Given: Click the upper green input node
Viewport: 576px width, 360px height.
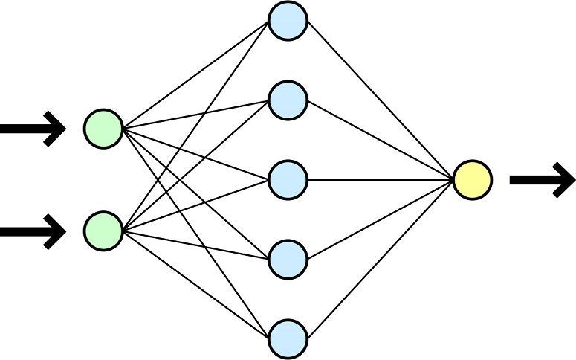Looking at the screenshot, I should click(x=103, y=128).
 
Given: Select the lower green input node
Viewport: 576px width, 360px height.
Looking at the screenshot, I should click(x=103, y=231).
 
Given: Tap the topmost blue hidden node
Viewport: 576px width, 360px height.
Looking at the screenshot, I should click(x=288, y=21).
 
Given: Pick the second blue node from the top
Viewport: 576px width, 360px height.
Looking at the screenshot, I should click(x=288, y=100).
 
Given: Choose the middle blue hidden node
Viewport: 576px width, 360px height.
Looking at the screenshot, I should click(x=288, y=179).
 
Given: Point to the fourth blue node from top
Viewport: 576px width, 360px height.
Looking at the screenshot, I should click(x=288, y=259).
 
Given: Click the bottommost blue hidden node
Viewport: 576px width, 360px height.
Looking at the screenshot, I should click(x=288, y=338).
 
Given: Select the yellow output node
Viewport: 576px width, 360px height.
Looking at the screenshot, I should click(x=472, y=180).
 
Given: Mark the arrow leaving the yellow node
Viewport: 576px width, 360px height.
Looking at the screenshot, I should click(x=541, y=181).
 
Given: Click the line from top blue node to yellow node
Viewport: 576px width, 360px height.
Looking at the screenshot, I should click(x=380, y=100).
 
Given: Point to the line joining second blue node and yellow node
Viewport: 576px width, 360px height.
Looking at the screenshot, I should click(x=380, y=141).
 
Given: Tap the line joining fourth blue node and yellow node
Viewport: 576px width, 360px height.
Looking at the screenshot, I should click(x=380, y=219).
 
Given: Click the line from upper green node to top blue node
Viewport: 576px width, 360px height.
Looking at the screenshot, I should click(x=195, y=74).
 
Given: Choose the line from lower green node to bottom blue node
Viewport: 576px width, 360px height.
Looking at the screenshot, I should click(x=195, y=284).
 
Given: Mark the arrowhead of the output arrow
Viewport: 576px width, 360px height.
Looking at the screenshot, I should click(x=563, y=181).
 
